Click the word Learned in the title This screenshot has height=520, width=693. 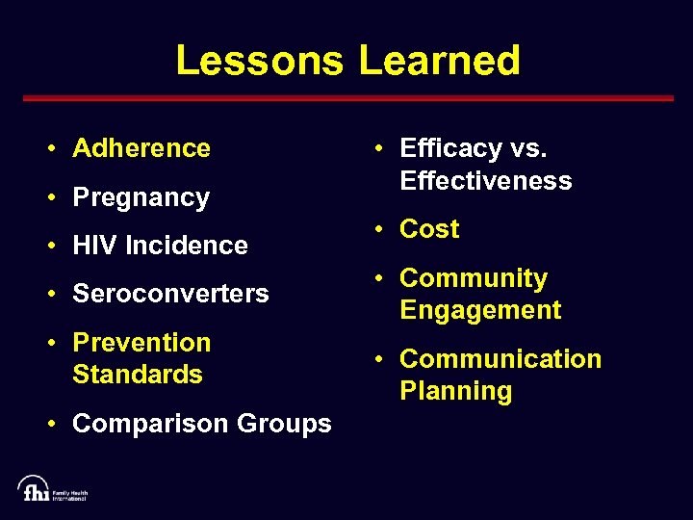pos(439,61)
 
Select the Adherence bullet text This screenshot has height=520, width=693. pos(141,148)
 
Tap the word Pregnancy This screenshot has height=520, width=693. pos(141,198)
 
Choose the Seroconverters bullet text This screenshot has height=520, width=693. pos(170,294)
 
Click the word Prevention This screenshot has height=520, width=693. pos(141,343)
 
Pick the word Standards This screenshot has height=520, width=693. pos(138,375)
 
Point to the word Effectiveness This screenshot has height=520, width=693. pos(486,181)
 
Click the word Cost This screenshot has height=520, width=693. pos(429,229)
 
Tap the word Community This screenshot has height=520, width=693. pos(474,278)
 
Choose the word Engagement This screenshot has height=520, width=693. pos(480,310)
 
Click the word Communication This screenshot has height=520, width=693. pos(500,359)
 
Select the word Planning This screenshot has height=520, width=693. pos(456,392)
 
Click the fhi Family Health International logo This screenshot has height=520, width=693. pos(52,488)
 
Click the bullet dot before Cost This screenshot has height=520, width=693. pos(381,229)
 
